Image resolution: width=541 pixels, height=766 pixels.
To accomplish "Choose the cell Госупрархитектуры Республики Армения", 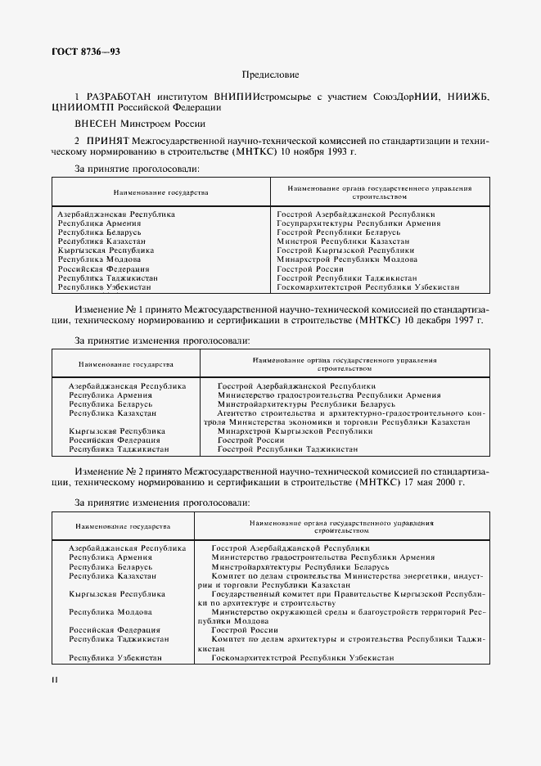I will [x=358, y=223].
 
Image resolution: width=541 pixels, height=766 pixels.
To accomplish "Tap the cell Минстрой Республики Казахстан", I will [x=343, y=241].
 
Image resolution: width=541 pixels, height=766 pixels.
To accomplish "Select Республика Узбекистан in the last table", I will [x=115, y=658].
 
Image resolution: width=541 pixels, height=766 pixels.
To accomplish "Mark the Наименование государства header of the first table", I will [x=161, y=192].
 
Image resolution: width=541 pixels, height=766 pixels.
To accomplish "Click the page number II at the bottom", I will [x=54, y=679].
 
